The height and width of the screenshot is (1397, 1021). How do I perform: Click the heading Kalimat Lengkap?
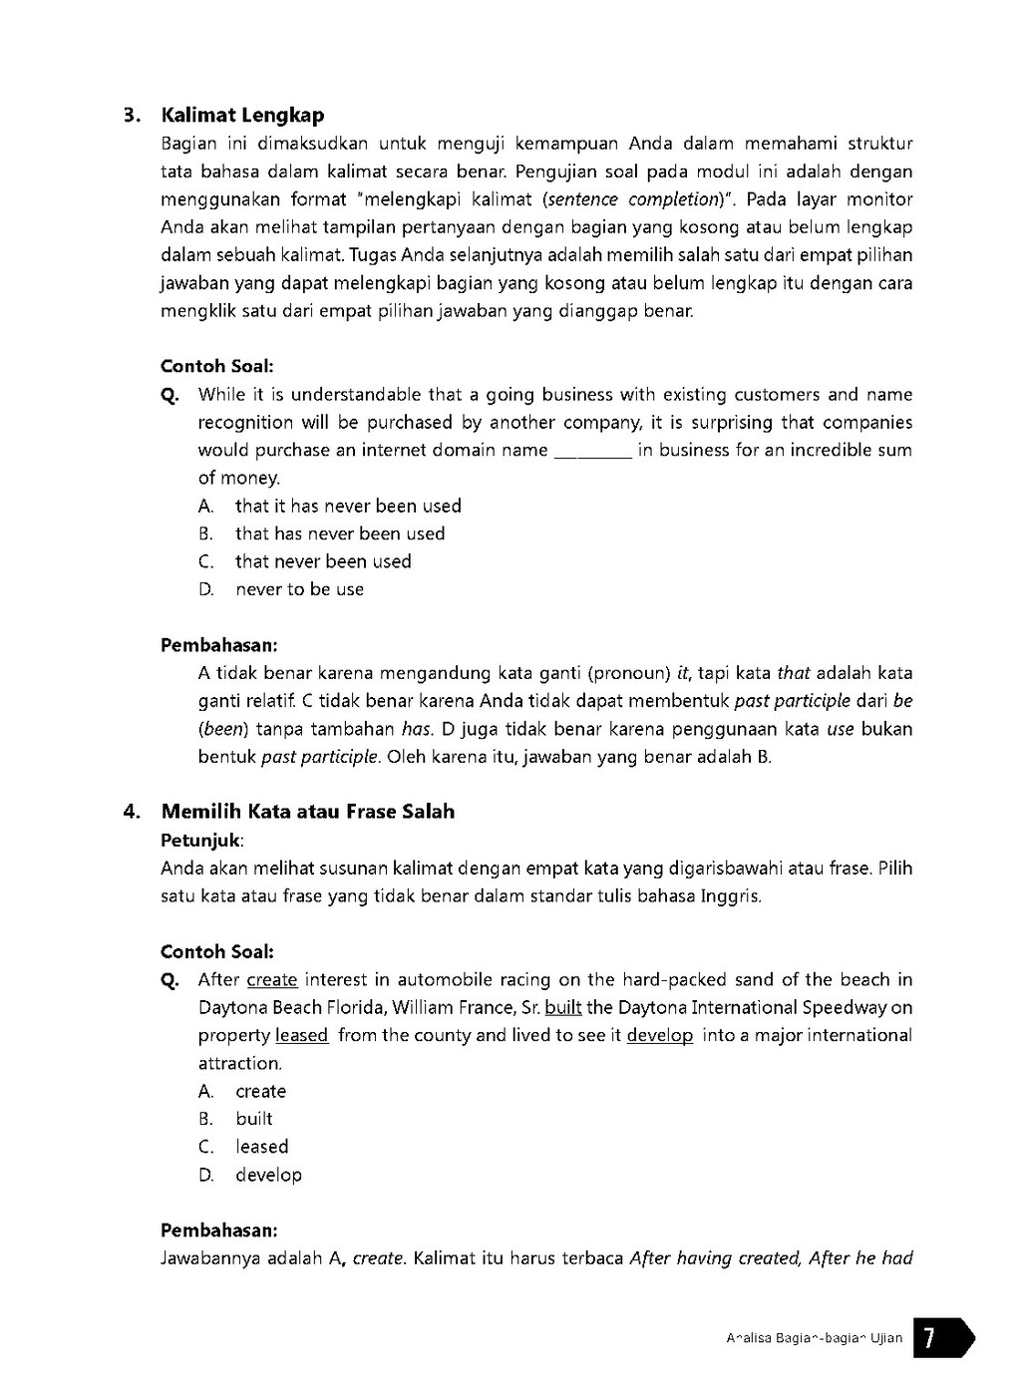pyautogui.click(x=242, y=116)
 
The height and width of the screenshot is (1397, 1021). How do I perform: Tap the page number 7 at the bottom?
pyautogui.click(x=928, y=1338)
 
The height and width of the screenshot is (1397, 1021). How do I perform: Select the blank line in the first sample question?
pyautogui.click(x=592, y=452)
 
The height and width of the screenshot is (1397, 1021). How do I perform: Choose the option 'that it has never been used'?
pyautogui.click(x=348, y=507)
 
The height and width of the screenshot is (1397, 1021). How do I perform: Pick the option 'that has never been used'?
pyautogui.click(x=340, y=534)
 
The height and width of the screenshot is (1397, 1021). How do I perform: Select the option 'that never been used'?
pyautogui.click(x=323, y=562)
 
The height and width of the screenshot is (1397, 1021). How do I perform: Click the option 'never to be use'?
pyautogui.click(x=299, y=590)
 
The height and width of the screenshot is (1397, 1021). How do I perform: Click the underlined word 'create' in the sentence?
pyautogui.click(x=272, y=980)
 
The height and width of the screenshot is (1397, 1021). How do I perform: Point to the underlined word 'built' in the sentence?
pyautogui.click(x=563, y=1008)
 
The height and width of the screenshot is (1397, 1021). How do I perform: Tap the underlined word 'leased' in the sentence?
pyautogui.click(x=301, y=1036)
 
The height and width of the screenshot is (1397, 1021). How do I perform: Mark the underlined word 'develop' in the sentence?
pyautogui.click(x=659, y=1036)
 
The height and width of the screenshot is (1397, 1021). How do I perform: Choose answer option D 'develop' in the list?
pyautogui.click(x=268, y=1176)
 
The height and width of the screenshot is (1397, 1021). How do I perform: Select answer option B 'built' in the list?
pyautogui.click(x=254, y=1120)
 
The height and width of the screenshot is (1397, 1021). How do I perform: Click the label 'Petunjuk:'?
pyautogui.click(x=202, y=840)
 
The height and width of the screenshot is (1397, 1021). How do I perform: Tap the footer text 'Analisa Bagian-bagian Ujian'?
pyautogui.click(x=814, y=1338)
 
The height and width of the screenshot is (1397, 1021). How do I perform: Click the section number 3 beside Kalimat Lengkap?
pyautogui.click(x=130, y=116)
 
